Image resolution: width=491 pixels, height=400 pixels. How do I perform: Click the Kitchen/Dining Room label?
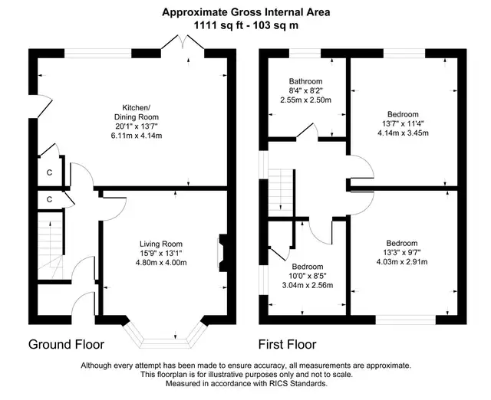137,113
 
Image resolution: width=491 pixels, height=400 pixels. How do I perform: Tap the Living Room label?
161,244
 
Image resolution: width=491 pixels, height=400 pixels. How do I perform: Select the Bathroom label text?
305,82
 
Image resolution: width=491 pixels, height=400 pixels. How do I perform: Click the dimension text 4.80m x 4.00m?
161,263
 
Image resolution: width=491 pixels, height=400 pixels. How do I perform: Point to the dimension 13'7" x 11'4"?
403,123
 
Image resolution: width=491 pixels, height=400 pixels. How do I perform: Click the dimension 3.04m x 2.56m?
307,285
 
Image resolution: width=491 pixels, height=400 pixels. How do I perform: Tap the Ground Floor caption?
67,344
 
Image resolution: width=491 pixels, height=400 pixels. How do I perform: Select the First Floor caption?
287,344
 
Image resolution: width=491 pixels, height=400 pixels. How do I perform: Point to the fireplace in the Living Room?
222,252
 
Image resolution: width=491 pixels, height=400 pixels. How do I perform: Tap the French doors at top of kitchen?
183,44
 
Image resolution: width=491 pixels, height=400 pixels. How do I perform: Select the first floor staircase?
281,192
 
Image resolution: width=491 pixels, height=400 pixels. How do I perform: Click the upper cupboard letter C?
49,172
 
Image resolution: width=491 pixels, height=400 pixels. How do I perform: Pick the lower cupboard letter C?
49,199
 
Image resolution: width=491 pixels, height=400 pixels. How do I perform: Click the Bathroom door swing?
308,130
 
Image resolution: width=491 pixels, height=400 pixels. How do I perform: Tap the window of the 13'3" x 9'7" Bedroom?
406,320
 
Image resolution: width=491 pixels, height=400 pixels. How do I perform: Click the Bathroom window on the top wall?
305,53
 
